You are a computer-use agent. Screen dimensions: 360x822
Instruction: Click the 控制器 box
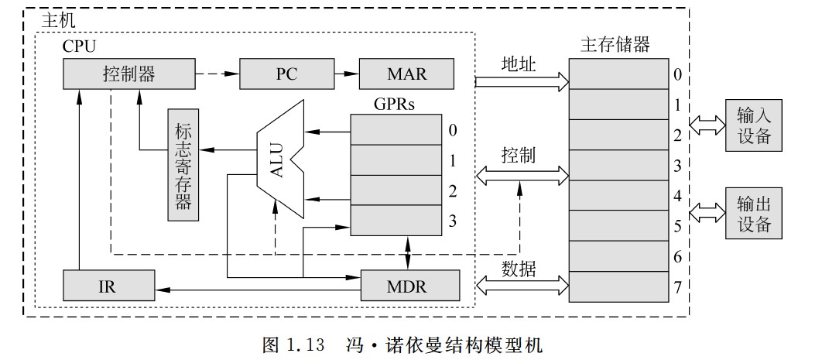128,75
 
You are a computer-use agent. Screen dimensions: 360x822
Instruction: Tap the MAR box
406,75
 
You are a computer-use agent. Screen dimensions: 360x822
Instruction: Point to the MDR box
406,286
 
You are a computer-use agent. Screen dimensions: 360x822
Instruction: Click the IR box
108,286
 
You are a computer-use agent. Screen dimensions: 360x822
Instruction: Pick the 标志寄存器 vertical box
183,165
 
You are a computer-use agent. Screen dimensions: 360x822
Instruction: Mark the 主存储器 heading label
615,45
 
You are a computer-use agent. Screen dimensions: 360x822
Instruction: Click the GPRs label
395,104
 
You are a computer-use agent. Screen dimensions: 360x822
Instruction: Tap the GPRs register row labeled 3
395,221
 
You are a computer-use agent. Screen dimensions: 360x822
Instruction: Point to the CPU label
79,46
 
